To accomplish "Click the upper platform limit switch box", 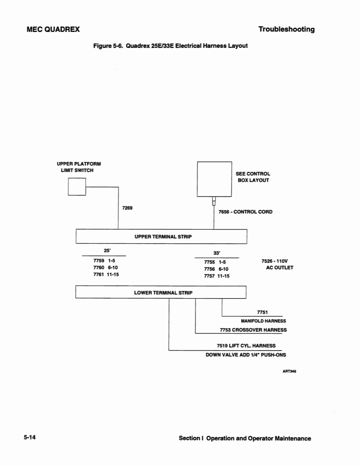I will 77,186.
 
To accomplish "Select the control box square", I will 214,179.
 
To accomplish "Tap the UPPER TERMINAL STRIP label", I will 163,236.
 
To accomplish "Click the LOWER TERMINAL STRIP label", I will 163,292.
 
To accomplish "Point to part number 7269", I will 127,207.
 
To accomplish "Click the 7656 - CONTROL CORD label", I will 245,212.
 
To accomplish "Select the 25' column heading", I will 107,250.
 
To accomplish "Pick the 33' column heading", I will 217,253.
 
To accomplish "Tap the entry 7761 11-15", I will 106,275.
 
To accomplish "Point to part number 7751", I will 262,312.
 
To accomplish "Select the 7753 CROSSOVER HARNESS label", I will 253,330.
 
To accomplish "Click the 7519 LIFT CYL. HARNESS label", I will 246,346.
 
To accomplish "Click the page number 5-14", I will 30,438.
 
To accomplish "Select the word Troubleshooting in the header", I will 286,29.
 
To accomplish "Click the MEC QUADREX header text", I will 53,29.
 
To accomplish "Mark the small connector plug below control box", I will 214,201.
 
